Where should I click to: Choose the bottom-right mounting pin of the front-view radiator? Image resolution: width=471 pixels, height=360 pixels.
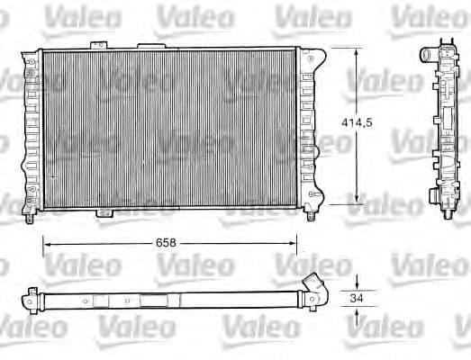[x=313, y=217]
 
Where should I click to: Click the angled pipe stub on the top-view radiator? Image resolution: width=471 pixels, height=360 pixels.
[x=312, y=282]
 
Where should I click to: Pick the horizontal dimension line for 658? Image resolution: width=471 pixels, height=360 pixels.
[x=108, y=241]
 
